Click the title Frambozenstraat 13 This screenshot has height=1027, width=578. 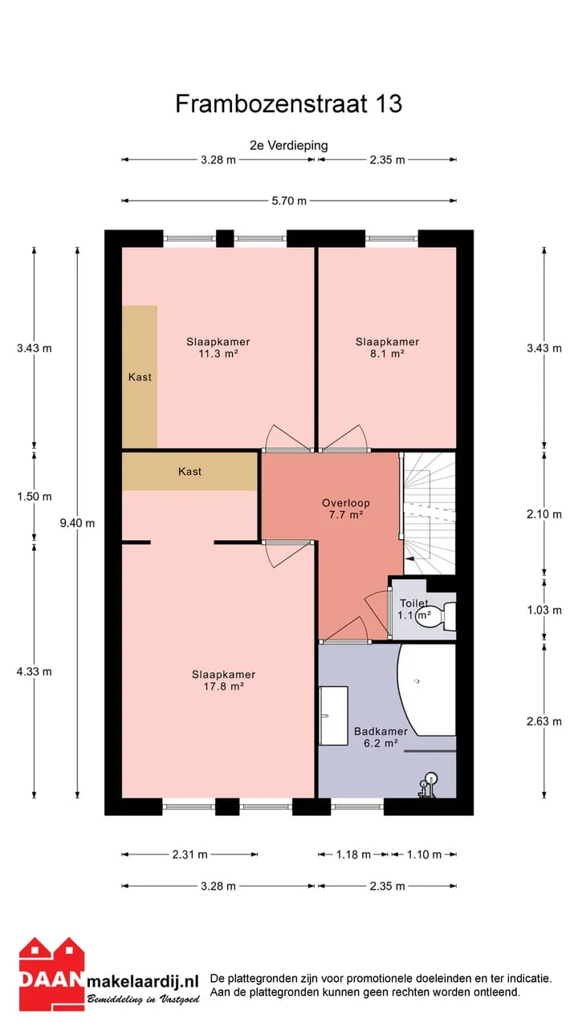click(x=288, y=104)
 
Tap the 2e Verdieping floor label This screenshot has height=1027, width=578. click(x=288, y=145)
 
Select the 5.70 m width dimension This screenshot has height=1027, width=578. click(x=288, y=201)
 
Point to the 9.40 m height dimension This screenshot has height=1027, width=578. click(x=77, y=523)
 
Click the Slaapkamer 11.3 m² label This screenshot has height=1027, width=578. click(x=218, y=347)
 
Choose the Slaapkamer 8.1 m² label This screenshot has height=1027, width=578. click(x=387, y=347)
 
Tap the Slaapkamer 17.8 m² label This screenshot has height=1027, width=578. click(x=223, y=680)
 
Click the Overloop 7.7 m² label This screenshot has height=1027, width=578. click(x=346, y=509)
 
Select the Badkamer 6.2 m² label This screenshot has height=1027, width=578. click(x=381, y=737)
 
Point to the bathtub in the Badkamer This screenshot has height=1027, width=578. click(x=426, y=689)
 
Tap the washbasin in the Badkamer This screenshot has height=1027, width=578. click(x=333, y=716)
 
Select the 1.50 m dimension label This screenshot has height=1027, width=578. click(x=35, y=497)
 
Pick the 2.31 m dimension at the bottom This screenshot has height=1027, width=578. click(x=190, y=854)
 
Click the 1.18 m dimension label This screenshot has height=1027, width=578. click(x=353, y=854)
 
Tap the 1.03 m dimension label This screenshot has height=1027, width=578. click(x=544, y=611)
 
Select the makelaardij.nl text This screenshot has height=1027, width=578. click(x=143, y=981)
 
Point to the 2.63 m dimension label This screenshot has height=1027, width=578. click(x=544, y=721)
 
